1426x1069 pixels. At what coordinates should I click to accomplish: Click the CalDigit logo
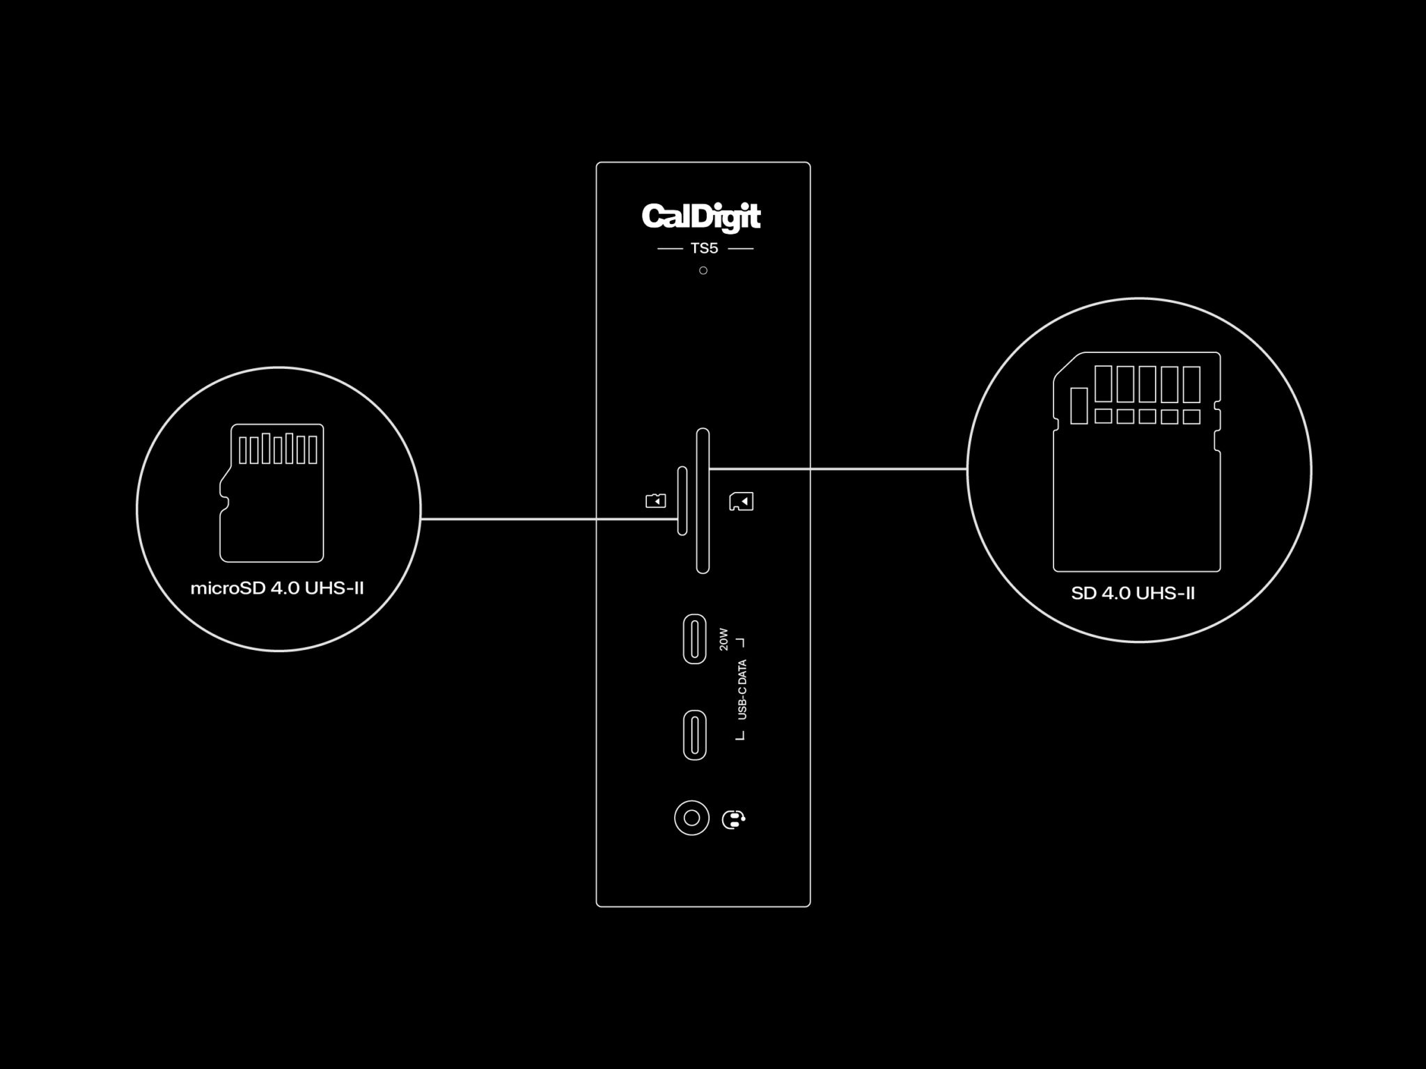(701, 216)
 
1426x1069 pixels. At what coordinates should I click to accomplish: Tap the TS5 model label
(704, 248)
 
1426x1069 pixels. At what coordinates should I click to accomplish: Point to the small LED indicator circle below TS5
(703, 270)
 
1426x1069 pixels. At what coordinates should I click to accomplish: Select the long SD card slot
(703, 501)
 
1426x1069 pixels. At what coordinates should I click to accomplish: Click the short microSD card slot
(682, 501)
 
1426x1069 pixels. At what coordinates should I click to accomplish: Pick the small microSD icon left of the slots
(655, 500)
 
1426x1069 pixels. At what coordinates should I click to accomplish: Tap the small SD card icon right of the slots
(741, 501)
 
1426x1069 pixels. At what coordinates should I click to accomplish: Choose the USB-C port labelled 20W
(694, 639)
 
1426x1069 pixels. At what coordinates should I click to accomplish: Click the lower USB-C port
(694, 735)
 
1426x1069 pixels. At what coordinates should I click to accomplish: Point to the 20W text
(723, 640)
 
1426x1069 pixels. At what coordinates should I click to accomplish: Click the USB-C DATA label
(742, 690)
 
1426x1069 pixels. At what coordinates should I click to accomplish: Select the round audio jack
(691, 818)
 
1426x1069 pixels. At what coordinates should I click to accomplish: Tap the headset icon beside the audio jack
(734, 819)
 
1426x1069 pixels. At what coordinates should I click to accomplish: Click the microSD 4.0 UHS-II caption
(277, 589)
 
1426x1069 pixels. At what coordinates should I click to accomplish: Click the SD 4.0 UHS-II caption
(1133, 594)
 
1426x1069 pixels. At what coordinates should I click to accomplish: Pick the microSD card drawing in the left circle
(272, 493)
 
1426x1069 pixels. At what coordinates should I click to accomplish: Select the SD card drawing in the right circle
(1137, 461)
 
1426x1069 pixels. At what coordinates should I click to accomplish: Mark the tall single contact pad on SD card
(1079, 406)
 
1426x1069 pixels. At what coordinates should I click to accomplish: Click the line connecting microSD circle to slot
(549, 518)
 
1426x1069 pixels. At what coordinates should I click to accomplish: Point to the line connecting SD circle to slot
(838, 469)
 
